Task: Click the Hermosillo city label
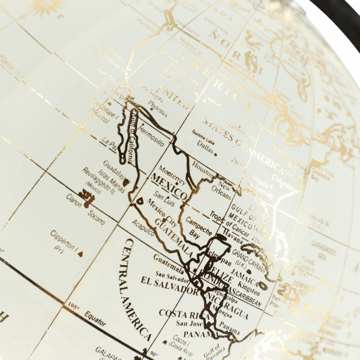click(x=151, y=136)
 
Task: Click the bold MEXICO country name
click(x=169, y=187)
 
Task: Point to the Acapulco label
click(x=143, y=228)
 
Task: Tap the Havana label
click(x=232, y=236)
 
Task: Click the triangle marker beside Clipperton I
click(x=80, y=254)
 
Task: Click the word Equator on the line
click(x=95, y=319)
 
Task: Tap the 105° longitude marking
click(x=73, y=308)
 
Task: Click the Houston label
click(x=203, y=168)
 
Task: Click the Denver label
click(x=212, y=100)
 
